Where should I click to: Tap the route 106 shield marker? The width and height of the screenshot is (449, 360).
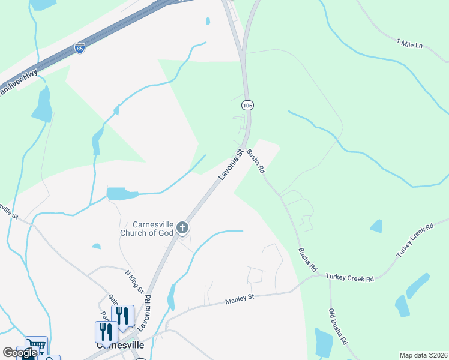pyautogui.click(x=247, y=105)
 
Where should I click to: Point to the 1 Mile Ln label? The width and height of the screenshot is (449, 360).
pyautogui.click(x=410, y=43)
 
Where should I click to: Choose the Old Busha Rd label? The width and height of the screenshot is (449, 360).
pyautogui.click(x=338, y=326)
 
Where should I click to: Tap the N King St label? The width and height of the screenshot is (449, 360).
pyautogui.click(x=134, y=282)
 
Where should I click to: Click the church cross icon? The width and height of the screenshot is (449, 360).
pyautogui.click(x=182, y=228)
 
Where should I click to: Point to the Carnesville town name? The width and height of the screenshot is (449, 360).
pyautogui.click(x=119, y=346)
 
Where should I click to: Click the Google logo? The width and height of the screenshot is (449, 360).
pyautogui.click(x=20, y=353)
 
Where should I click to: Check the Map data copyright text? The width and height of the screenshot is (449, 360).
pyautogui.click(x=423, y=355)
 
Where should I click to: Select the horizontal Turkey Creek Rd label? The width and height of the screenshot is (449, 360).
pyautogui.click(x=349, y=278)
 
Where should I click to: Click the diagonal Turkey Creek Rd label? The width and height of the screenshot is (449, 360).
pyautogui.click(x=415, y=241)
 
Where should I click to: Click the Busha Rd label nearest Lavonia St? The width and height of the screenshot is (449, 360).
pyautogui.click(x=256, y=161)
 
